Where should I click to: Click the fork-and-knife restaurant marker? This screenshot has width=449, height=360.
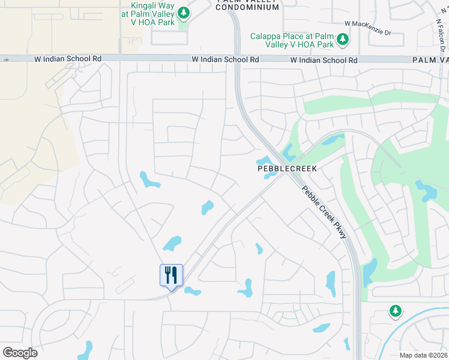point(171,275)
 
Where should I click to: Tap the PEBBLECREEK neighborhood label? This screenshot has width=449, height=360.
point(287,169)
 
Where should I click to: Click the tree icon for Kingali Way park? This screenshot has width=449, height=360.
point(184,13)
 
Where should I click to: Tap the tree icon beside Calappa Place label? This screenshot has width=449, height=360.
point(342,40)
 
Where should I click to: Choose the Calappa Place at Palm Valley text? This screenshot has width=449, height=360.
point(292,40)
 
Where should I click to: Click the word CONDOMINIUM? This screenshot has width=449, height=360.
point(247,7)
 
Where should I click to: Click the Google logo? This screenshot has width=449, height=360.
point(20,352)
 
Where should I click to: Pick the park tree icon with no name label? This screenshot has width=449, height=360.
point(394,311)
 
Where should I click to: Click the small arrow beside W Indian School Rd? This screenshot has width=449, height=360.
point(5,59)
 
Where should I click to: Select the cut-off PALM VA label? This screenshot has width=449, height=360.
point(430,60)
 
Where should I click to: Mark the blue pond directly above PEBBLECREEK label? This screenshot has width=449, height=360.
point(264,160)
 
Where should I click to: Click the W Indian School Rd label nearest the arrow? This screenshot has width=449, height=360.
point(73,59)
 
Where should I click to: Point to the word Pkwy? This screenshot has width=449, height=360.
point(340,231)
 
